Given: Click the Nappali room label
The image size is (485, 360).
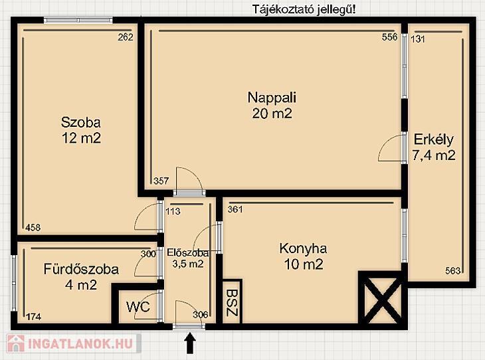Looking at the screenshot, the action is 272,98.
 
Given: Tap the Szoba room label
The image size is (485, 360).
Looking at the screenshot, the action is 81,122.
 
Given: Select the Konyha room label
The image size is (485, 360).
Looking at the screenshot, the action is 303,248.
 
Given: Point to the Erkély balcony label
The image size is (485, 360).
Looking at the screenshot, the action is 434,139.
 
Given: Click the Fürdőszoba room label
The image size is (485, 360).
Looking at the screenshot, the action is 81,269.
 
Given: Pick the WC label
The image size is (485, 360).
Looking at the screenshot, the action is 138,307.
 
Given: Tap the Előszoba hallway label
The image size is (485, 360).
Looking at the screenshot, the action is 188,252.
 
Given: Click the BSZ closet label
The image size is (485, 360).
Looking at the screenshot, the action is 232,302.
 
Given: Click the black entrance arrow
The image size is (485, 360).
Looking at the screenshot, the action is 189,343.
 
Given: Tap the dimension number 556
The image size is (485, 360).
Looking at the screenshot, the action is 389,37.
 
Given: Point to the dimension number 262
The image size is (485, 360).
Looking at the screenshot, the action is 126,37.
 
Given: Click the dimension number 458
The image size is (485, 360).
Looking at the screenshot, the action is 33,228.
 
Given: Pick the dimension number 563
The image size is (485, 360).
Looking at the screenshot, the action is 453,271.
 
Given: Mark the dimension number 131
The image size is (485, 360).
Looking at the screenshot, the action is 418,39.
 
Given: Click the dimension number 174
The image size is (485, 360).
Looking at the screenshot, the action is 34,317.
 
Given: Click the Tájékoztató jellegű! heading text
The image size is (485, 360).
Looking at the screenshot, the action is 304,10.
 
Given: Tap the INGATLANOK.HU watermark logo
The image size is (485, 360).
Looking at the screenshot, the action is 74,343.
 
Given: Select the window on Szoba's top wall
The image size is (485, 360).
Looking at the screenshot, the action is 78,21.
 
